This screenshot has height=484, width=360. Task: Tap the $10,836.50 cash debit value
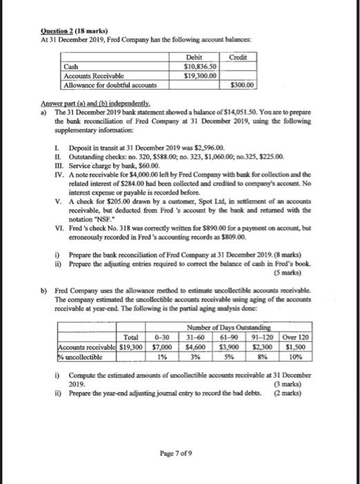(200, 66)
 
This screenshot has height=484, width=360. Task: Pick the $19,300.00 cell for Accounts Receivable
(200, 75)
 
